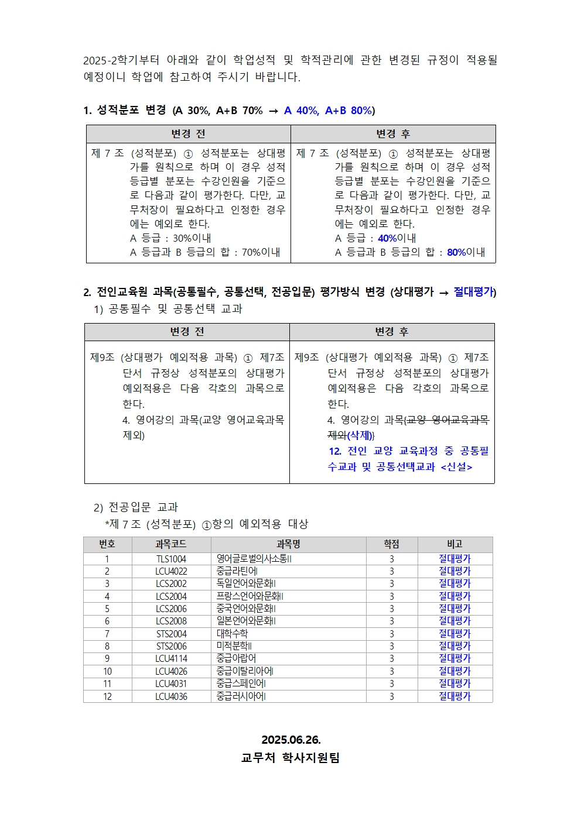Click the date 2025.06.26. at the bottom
[290, 740]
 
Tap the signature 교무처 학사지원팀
[290, 758]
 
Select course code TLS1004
[171, 559]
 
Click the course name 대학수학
[233, 634]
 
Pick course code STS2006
[171, 646]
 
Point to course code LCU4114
[171, 658]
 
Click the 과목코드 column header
[171, 544]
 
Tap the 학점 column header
[391, 544]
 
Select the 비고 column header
[454, 544]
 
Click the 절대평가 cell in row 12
[454, 696]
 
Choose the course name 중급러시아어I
[241, 696]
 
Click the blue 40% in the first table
[387, 238]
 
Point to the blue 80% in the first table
[456, 252]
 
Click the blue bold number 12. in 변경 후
[335, 451]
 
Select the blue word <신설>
[456, 467]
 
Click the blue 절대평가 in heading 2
[473, 292]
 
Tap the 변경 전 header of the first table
[188, 134]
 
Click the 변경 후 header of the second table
[392, 332]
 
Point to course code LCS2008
[171, 621]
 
